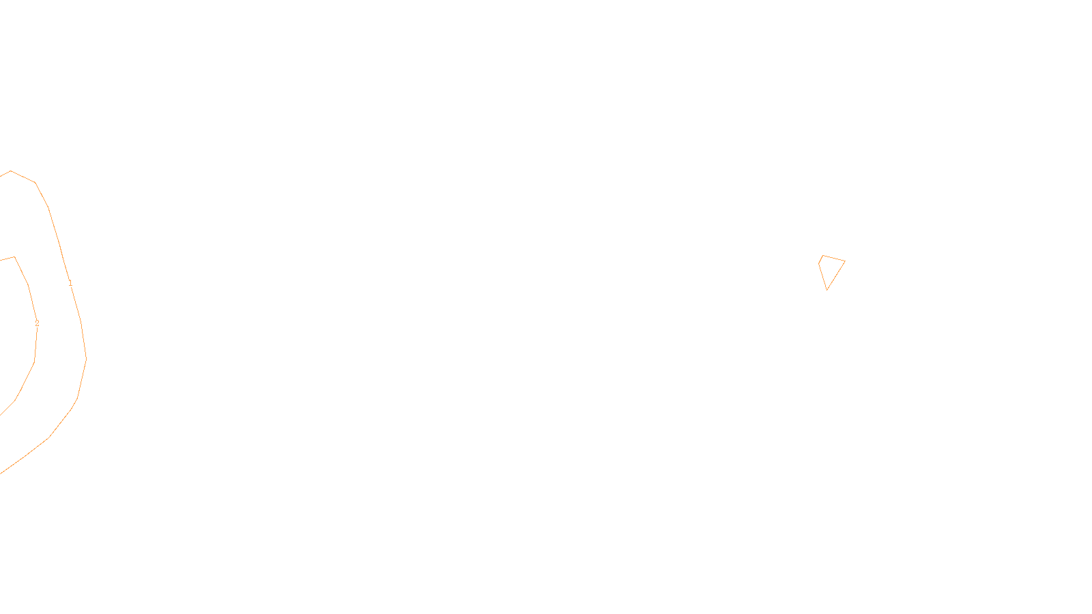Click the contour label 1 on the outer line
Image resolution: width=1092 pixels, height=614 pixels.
70,283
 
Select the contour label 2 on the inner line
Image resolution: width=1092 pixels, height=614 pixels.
37,323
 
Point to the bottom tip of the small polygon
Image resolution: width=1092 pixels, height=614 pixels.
827,290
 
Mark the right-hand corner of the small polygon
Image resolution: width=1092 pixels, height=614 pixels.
845,261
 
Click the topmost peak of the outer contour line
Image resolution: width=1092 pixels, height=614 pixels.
11,171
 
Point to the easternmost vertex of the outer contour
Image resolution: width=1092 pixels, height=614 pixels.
86,358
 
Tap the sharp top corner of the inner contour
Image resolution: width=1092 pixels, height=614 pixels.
14,257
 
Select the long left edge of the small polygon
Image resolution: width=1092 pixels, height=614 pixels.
822,276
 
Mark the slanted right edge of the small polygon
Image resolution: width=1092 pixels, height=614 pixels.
836,276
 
